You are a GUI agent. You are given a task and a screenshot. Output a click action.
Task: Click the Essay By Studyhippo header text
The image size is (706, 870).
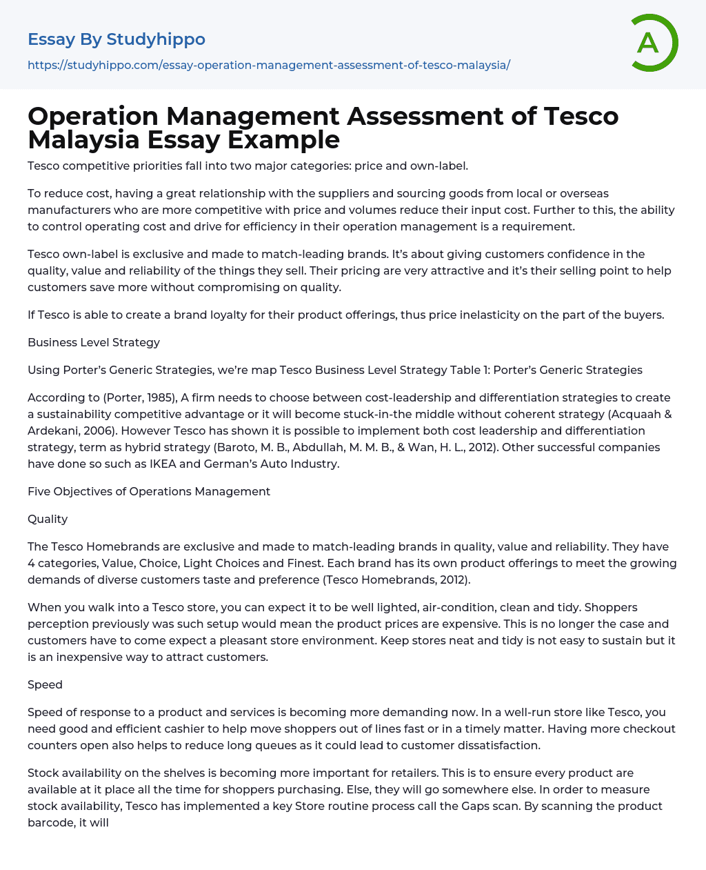117,39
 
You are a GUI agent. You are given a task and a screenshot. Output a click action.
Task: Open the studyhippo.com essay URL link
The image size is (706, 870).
269,66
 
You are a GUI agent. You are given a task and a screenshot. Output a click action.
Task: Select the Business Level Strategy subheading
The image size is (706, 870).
94,342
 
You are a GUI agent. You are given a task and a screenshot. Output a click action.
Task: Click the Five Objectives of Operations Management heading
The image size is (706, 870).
149,491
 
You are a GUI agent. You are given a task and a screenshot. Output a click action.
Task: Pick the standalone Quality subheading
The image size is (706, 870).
48,519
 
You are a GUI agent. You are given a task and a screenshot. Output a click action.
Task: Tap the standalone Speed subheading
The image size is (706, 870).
45,684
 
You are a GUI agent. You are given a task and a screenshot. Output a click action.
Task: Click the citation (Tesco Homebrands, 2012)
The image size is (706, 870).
396,580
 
